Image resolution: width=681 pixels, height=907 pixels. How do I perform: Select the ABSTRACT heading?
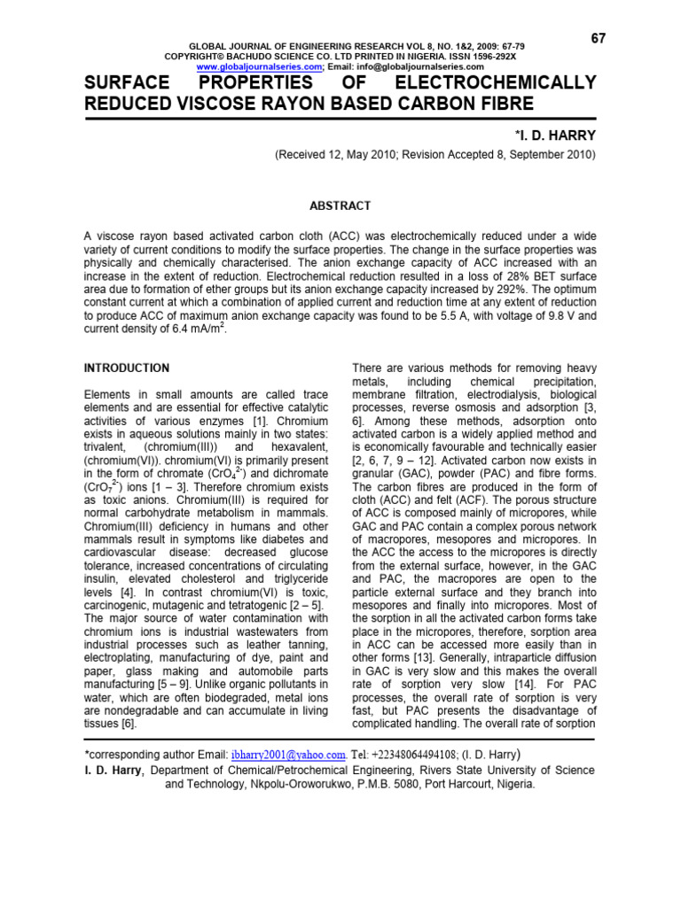tap(339, 205)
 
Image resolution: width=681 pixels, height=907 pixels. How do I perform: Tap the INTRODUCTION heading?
tap(127, 368)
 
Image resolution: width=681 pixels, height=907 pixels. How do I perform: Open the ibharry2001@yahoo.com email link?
tap(288, 755)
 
